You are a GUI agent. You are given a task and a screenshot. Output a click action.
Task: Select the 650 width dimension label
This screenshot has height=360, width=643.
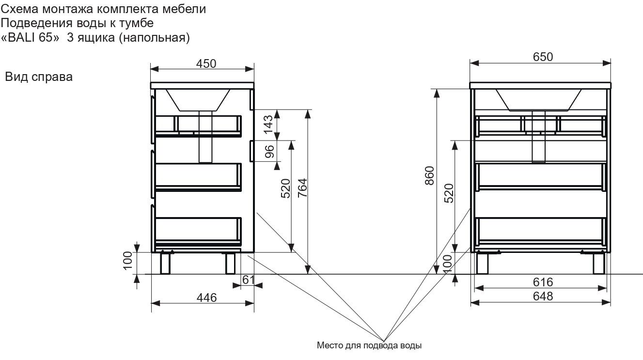pyautogui.click(x=543, y=57)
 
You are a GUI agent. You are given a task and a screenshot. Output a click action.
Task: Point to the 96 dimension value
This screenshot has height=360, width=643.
pyautogui.click(x=269, y=152)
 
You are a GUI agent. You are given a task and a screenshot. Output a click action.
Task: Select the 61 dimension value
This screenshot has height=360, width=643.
pyautogui.click(x=248, y=280)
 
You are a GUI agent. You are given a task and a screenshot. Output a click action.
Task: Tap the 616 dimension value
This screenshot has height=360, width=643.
pyautogui.click(x=542, y=282)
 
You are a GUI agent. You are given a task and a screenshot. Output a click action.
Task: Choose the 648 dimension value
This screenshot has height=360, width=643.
pyautogui.click(x=542, y=296)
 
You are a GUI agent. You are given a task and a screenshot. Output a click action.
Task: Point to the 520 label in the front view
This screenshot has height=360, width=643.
pyautogui.click(x=448, y=194)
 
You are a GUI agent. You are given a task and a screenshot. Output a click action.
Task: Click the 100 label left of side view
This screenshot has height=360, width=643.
pyautogui.click(x=127, y=262)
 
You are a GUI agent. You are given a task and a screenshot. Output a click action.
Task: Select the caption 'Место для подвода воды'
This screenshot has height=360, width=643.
pyautogui.click(x=369, y=346)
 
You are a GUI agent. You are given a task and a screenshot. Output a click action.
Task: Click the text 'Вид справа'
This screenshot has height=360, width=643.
pyautogui.click(x=39, y=77)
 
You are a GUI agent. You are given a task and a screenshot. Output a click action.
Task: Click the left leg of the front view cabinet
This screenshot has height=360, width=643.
pyautogui.click(x=482, y=263)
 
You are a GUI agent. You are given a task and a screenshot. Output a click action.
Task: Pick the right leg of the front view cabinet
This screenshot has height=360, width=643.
pyautogui.click(x=599, y=263)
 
